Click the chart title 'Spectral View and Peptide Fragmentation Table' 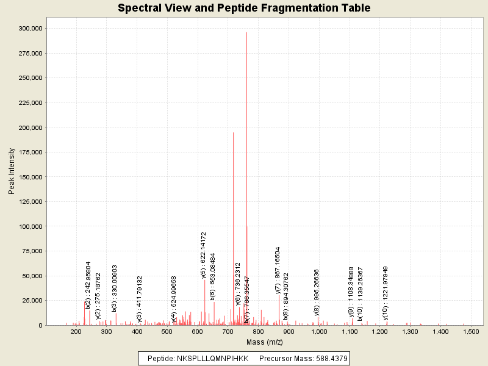(244, 9)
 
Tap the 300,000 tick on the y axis (29, 28)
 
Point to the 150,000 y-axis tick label (29, 177)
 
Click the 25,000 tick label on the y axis (30, 300)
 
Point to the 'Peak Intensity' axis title (12, 173)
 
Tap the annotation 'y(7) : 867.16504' (278, 270)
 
